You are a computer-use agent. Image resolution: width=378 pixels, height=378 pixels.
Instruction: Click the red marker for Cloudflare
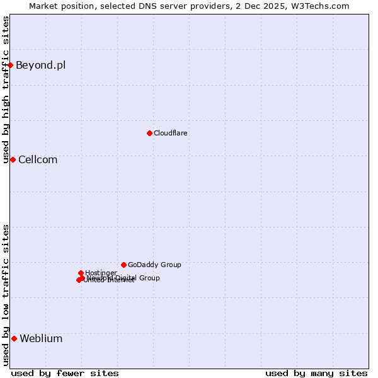click(149, 133)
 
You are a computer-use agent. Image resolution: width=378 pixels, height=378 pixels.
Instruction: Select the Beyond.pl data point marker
click(10, 65)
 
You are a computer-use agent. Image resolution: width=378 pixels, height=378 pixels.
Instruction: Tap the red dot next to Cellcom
click(13, 159)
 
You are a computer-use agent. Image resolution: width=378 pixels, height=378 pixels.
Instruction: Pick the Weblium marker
click(14, 338)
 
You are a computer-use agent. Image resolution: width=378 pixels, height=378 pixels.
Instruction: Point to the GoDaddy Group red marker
click(123, 265)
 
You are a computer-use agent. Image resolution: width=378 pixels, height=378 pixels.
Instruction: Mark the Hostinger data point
click(81, 273)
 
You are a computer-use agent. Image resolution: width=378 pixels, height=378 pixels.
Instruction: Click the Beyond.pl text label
click(40, 66)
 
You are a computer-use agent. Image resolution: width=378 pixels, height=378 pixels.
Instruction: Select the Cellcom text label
click(38, 160)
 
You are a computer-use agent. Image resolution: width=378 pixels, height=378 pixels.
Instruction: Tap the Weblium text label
click(41, 339)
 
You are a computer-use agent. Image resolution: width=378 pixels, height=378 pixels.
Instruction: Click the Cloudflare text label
click(171, 134)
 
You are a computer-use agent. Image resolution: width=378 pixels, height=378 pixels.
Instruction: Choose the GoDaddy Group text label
click(154, 265)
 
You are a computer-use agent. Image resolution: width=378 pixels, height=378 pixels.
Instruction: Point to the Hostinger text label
click(101, 273)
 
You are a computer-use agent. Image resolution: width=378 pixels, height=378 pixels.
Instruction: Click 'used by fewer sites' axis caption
click(65, 374)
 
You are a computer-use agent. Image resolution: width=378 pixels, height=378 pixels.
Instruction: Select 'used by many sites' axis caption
click(316, 374)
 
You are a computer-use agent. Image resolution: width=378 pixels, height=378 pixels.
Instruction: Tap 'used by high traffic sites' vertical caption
click(6, 90)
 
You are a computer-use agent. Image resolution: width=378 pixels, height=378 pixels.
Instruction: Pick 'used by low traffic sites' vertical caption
click(6, 295)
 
